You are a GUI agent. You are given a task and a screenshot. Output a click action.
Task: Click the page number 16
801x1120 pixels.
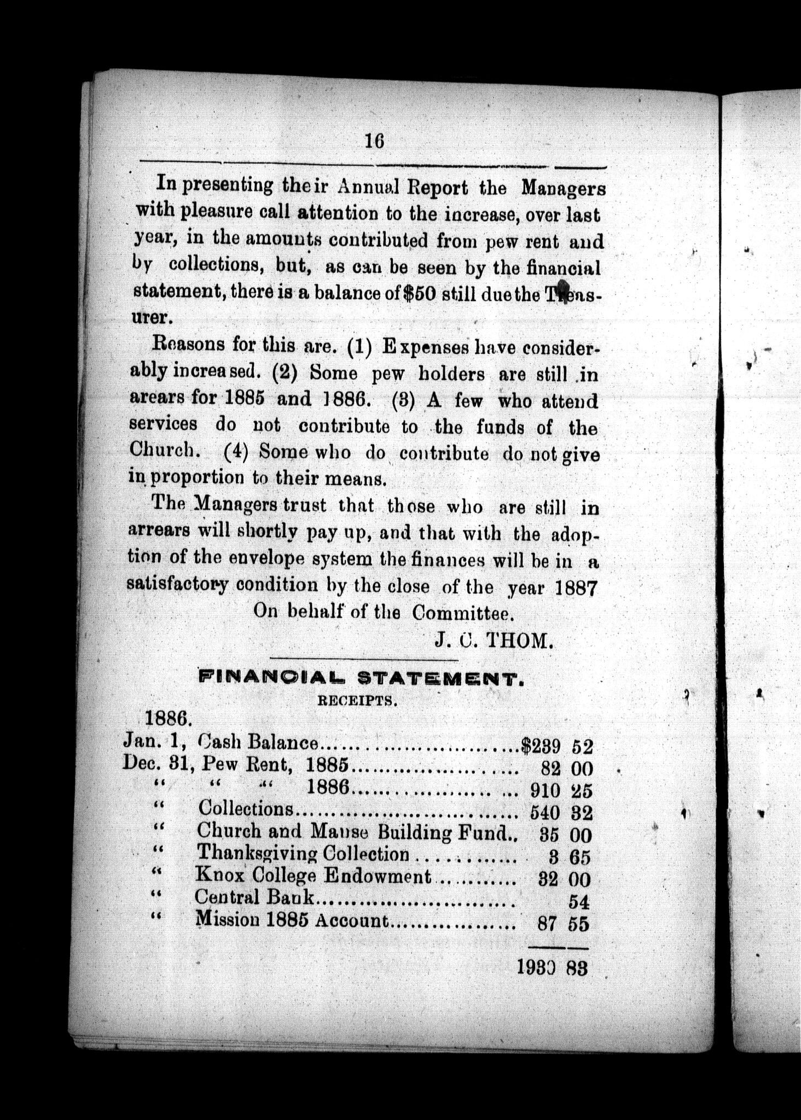(375, 142)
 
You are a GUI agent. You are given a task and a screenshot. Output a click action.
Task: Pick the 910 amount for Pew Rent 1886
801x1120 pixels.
(545, 790)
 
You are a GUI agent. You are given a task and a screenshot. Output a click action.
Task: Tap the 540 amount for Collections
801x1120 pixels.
(545, 813)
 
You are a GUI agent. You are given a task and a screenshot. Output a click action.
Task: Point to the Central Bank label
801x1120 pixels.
(254, 897)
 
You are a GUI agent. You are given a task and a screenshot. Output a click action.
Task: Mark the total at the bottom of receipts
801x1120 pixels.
(552, 969)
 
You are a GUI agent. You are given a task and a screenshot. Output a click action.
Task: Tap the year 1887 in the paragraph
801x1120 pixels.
(575, 588)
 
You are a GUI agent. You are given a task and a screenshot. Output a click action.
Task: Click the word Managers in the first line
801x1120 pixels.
(563, 189)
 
